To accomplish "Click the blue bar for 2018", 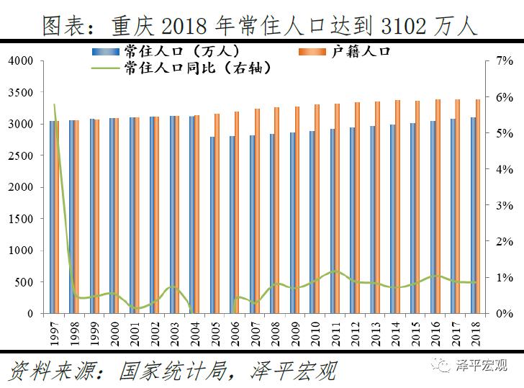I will [472, 215].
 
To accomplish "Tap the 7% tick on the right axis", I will [504, 61].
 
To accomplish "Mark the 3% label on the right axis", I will [504, 205].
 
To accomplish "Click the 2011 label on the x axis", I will [335, 334].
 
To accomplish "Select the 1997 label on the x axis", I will [54, 334].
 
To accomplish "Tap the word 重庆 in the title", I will [130, 27].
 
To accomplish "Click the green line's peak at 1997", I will [55, 105].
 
